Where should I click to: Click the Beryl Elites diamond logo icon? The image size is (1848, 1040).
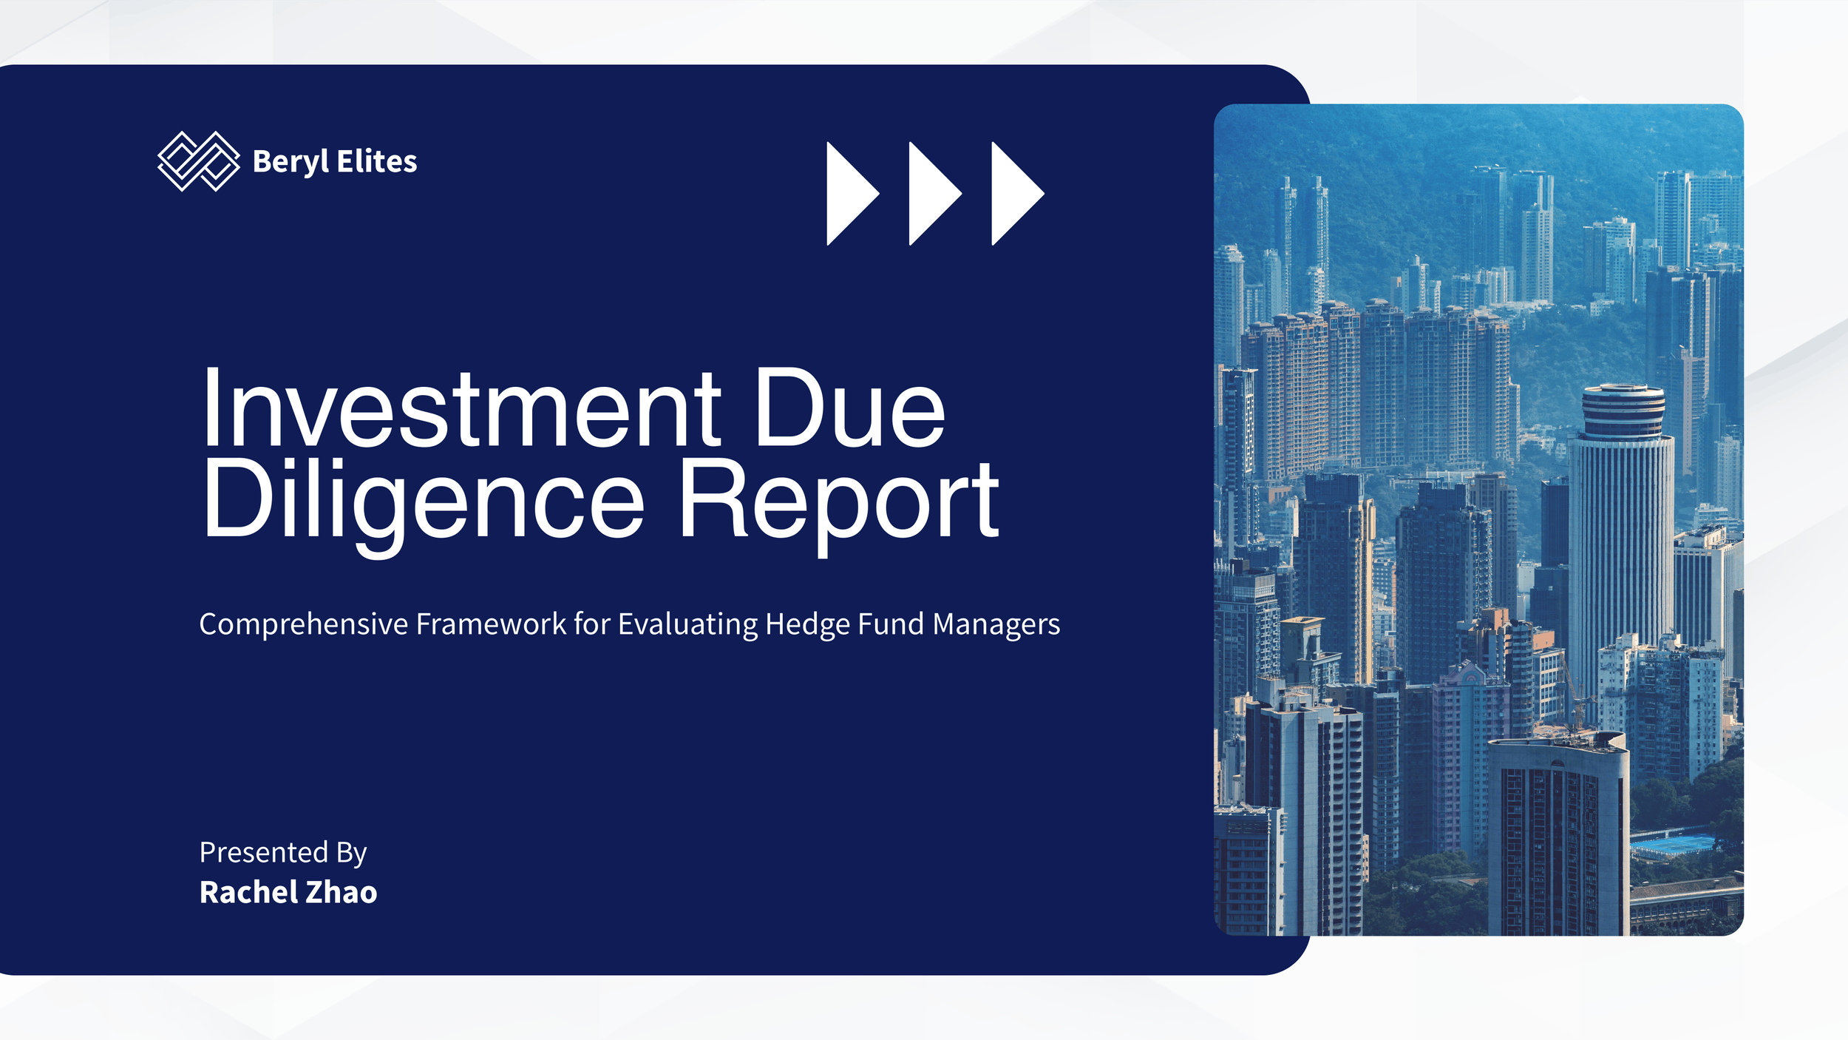pos(199,161)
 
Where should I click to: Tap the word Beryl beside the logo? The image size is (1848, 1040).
pos(291,162)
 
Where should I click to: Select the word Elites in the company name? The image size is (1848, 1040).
pos(377,161)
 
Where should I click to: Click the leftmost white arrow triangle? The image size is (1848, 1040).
pos(853,193)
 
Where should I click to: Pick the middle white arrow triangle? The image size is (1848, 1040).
pos(936,193)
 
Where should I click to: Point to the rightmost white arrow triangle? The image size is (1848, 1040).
pos(1018,193)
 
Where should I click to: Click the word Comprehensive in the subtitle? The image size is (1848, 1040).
pos(304,625)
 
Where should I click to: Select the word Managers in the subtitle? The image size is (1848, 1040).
pos(996,625)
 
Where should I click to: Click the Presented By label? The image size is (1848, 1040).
pos(283,853)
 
